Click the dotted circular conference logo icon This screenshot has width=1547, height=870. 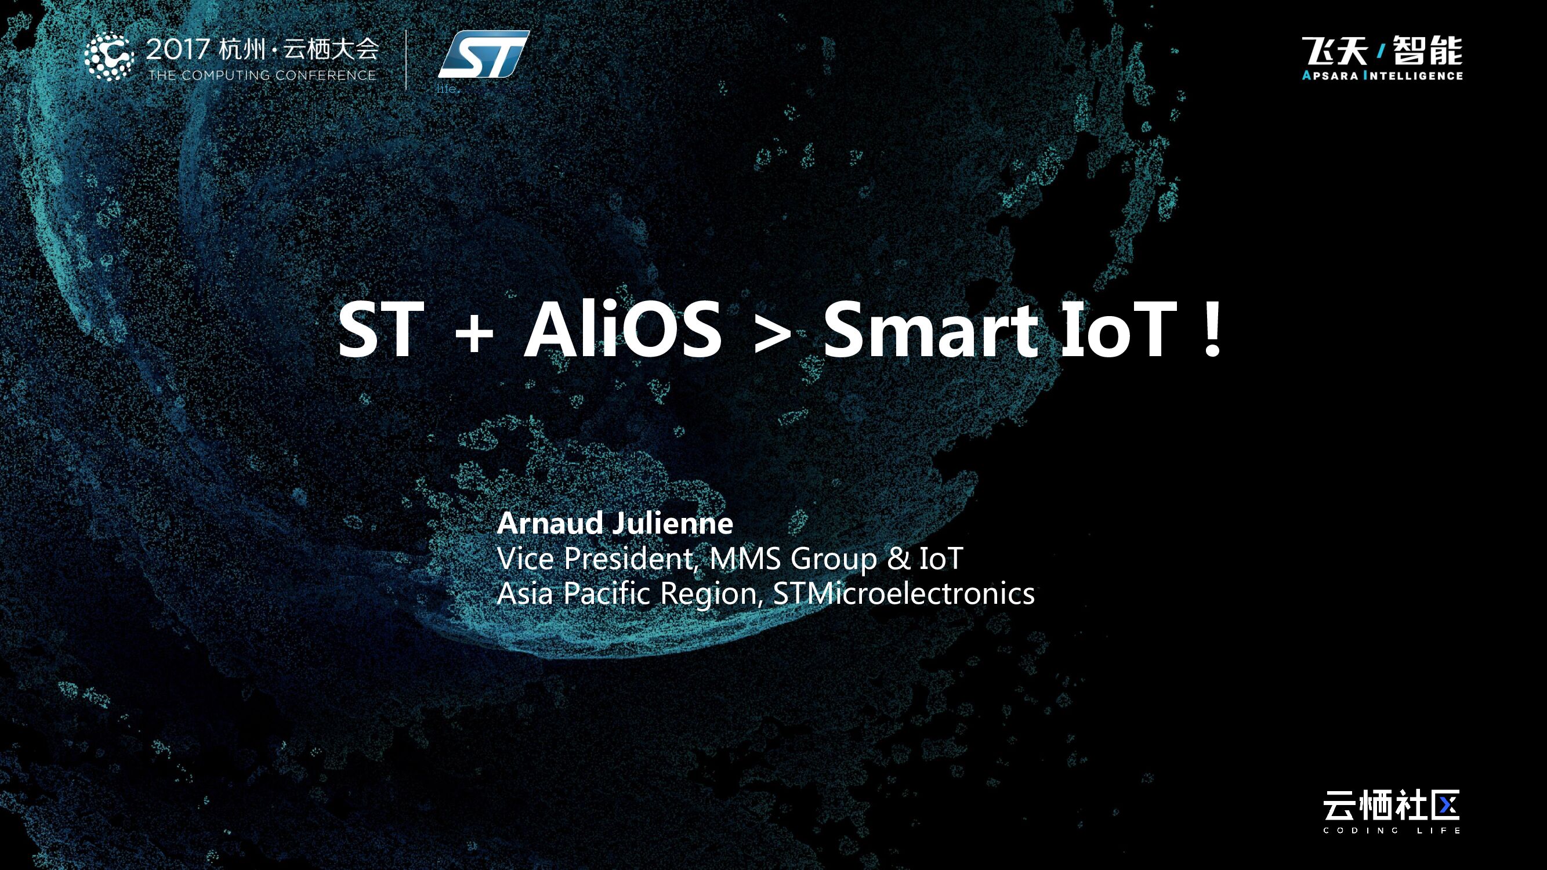pos(108,56)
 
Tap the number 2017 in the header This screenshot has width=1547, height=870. pos(177,49)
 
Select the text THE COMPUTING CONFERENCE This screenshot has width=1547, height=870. pos(262,75)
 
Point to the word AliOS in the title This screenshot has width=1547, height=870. pos(622,329)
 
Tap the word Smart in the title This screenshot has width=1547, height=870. pos(930,329)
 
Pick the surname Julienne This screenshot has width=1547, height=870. pos(674,523)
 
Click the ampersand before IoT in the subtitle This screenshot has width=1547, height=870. pos(899,559)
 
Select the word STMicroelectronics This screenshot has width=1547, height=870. pos(903,593)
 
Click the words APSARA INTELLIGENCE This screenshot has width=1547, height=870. pos(1382,75)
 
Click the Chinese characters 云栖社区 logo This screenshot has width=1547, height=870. pos(1391,806)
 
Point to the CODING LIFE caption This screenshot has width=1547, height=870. pos(1391,831)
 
